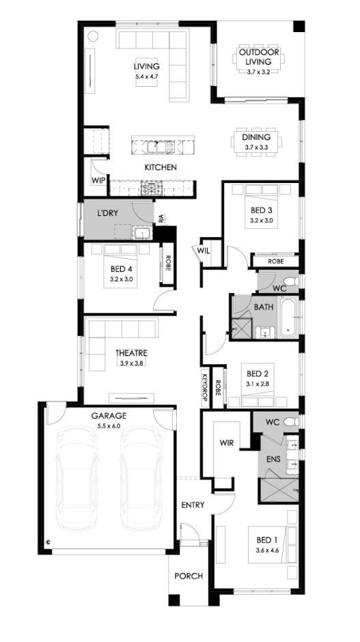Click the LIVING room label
(x=146, y=66)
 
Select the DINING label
(x=256, y=137)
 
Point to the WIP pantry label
(x=98, y=180)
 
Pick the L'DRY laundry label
(x=107, y=213)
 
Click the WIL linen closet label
(x=204, y=251)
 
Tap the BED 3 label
(x=262, y=211)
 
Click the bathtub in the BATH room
(x=290, y=318)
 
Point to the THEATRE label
(x=131, y=353)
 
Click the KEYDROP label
(x=205, y=385)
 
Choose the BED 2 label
(x=258, y=374)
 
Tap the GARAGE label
(x=109, y=416)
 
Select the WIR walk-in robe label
(x=227, y=443)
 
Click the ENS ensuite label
(x=273, y=459)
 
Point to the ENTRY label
(x=193, y=505)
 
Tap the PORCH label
(x=189, y=576)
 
